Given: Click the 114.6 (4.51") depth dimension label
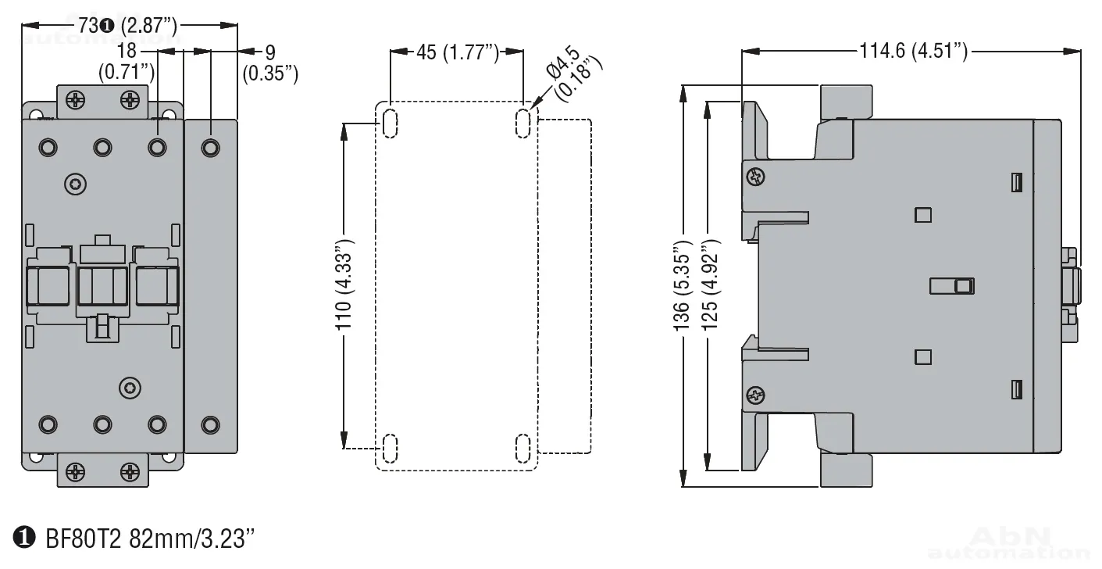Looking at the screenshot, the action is click(x=914, y=51).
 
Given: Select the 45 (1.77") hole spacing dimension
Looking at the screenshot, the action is click(x=458, y=52).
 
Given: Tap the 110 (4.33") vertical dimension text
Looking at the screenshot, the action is click(x=344, y=284).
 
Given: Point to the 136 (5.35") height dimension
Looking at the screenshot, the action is click(x=683, y=286).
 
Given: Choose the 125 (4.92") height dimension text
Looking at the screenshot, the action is click(x=709, y=284).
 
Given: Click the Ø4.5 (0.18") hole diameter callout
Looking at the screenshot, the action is click(x=573, y=73).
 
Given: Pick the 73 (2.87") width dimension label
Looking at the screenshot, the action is click(x=127, y=25).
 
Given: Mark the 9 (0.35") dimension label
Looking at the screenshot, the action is click(x=270, y=63).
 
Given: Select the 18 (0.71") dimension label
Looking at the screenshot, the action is click(x=127, y=61).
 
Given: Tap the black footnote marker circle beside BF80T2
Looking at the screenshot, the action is click(x=24, y=538).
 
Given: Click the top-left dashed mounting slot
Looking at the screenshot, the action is click(x=390, y=123).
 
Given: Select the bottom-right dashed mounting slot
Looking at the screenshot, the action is click(x=522, y=449).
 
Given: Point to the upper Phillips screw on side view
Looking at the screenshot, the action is click(x=756, y=176).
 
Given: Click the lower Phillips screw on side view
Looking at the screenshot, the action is click(x=756, y=395).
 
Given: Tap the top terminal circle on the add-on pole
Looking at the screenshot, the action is click(x=211, y=148).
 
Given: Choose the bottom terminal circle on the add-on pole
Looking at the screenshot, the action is click(x=211, y=424).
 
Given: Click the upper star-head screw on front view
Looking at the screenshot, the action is click(x=75, y=184).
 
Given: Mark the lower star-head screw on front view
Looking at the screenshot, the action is click(x=130, y=388).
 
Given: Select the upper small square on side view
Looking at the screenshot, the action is click(x=923, y=215).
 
